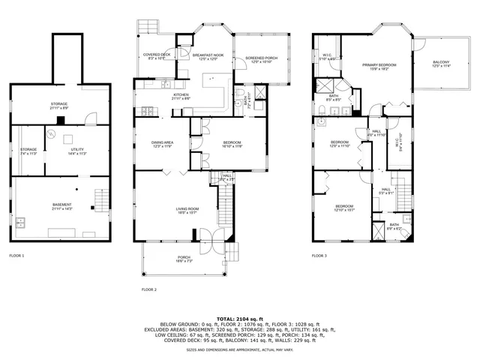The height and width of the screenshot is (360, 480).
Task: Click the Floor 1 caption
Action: pyautogui.click(x=16, y=256)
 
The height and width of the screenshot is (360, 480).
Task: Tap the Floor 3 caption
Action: pyautogui.click(x=319, y=256)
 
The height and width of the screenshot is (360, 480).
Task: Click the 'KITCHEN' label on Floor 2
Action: pyautogui.click(x=180, y=95)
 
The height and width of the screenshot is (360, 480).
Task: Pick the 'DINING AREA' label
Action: pyautogui.click(x=163, y=142)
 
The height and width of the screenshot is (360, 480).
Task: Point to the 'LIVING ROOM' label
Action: pyautogui.click(x=187, y=209)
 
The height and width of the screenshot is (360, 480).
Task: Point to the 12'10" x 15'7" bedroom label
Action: pyautogui.click(x=344, y=208)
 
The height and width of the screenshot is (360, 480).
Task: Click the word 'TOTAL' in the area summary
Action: pyautogui.click(x=227, y=319)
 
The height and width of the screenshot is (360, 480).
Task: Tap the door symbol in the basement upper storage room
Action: pyautogui.click(x=90, y=118)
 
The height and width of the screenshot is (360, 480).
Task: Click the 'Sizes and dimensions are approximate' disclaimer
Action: pyautogui.click(x=239, y=349)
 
